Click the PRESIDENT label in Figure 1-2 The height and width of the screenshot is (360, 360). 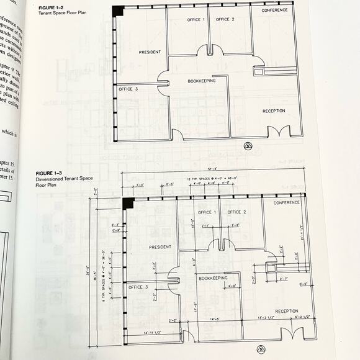[x=150, y=52]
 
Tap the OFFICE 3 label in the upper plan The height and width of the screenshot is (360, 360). [x=128, y=89]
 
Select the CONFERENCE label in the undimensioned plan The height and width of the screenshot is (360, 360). [x=274, y=11]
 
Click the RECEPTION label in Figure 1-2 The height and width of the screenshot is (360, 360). [x=274, y=110]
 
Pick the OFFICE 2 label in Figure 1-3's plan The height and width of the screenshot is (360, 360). [x=237, y=212]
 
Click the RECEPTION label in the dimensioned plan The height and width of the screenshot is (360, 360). [x=287, y=311]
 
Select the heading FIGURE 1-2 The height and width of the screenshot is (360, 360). [x=51, y=7]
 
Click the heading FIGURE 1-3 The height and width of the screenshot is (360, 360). [x=50, y=172]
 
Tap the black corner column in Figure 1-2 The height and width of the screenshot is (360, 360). [x=118, y=11]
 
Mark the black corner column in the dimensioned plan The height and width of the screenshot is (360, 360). [x=128, y=203]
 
